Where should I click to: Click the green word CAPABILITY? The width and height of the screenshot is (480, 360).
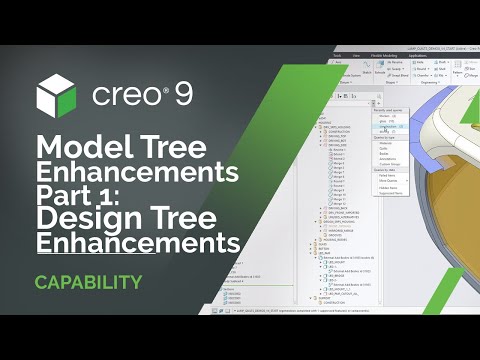(x=88, y=282)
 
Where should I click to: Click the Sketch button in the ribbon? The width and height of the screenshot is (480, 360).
(x=339, y=72)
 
